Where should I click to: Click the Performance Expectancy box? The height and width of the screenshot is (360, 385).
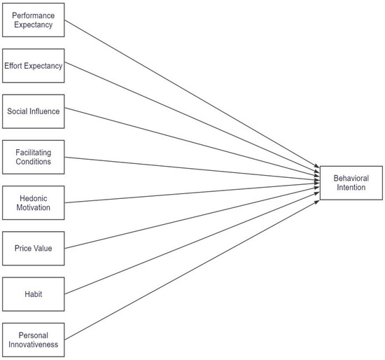click(34, 20)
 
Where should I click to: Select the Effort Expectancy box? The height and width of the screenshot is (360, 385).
click(34, 66)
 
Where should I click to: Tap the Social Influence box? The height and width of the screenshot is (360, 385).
click(34, 111)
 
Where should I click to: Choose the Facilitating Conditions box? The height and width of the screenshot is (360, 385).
click(34, 157)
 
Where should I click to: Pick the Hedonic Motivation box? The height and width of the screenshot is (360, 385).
click(34, 202)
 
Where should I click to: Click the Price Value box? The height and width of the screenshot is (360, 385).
click(34, 248)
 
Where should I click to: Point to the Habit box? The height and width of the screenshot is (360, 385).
click(34, 293)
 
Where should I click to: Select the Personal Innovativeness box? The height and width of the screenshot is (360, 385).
click(34, 340)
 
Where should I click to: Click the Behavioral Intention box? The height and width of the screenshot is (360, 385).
click(351, 184)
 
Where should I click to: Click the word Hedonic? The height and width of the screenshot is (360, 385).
click(34, 198)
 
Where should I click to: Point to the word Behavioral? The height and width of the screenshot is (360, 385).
click(351, 179)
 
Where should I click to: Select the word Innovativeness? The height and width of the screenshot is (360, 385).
click(34, 345)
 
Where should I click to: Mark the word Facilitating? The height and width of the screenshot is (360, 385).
click(34, 152)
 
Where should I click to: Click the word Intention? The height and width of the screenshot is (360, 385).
click(351, 188)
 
